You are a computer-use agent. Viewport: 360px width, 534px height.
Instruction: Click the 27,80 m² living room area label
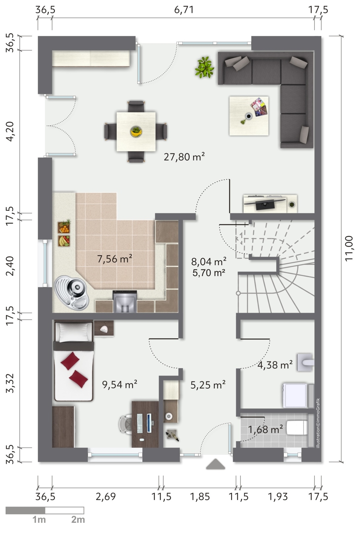pyautogui.click(x=184, y=157)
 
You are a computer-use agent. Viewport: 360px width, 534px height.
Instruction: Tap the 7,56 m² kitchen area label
pyautogui.click(x=115, y=259)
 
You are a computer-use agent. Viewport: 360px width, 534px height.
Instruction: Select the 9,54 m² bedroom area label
pyautogui.click(x=119, y=384)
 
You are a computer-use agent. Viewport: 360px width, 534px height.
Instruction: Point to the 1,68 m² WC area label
pyautogui.click(x=265, y=429)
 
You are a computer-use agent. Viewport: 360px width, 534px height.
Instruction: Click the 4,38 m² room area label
pyautogui.click(x=275, y=365)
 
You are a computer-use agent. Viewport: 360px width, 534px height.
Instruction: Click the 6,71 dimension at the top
pyautogui.click(x=184, y=10)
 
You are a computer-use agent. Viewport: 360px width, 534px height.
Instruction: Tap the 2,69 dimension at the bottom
pyautogui.click(x=106, y=497)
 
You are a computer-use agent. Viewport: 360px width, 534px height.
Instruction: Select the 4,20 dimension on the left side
pyautogui.click(x=10, y=131)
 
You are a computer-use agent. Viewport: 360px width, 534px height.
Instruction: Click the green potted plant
pyautogui.click(x=204, y=67)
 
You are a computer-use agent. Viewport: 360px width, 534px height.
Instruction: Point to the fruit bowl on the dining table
pyautogui.click(x=136, y=131)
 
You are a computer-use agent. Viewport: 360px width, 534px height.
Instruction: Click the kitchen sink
pyautogui.click(x=71, y=293)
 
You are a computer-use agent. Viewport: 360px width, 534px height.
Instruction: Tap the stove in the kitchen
pyautogui.click(x=125, y=301)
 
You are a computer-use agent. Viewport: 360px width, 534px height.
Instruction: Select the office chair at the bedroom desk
pyautogui.click(x=126, y=424)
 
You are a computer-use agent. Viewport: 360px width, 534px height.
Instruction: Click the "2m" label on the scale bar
pyautogui.click(x=78, y=520)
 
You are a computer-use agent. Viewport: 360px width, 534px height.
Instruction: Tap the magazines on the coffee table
pyautogui.click(x=259, y=107)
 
